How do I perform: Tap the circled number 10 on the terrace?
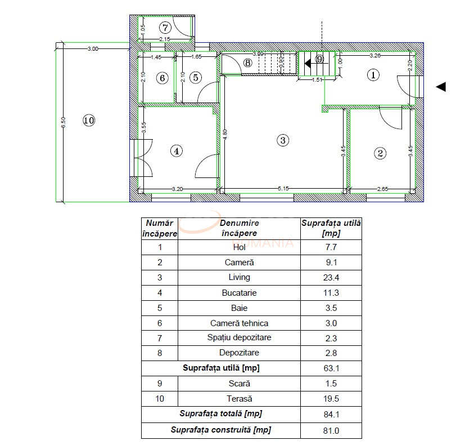[x=89, y=120]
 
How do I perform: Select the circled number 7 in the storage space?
[x=165, y=27]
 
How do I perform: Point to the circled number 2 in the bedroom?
[x=381, y=153]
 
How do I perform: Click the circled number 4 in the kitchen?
[x=177, y=150]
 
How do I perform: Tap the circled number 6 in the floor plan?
[x=162, y=78]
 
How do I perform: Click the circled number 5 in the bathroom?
[x=195, y=78]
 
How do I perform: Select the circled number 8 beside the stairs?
[x=248, y=63]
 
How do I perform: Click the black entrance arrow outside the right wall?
[x=441, y=86]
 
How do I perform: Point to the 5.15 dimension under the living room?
[x=283, y=189]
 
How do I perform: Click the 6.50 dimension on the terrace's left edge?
[x=63, y=122]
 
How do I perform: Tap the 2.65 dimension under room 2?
[x=382, y=189]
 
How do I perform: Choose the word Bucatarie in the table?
[x=239, y=292]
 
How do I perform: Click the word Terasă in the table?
[x=239, y=399]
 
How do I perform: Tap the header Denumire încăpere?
[x=239, y=228]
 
